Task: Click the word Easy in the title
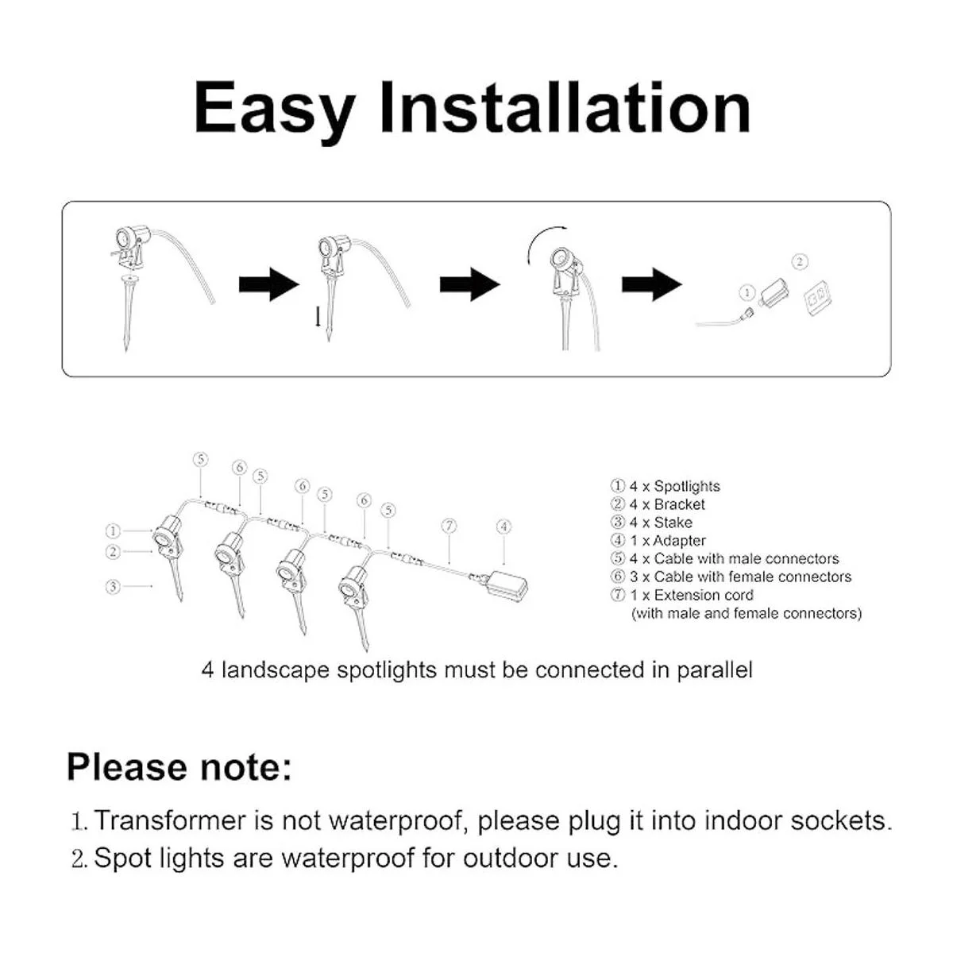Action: point(275,109)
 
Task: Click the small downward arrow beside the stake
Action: point(318,317)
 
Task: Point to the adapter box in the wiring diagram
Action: point(507,585)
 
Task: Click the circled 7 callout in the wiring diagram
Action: point(449,526)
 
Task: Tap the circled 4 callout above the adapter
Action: point(504,527)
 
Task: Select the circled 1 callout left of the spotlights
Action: point(114,531)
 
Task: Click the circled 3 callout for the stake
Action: point(114,587)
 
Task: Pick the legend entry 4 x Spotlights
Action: point(666,486)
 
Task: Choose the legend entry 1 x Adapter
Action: point(658,541)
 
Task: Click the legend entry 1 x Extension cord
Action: point(682,595)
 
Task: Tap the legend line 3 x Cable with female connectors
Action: point(731,577)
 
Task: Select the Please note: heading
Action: point(179,767)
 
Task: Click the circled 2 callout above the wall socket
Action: point(800,261)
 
